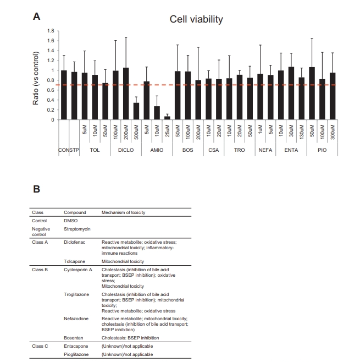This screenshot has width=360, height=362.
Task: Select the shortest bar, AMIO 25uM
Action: (x=167, y=118)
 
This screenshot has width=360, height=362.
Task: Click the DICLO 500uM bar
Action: (x=136, y=111)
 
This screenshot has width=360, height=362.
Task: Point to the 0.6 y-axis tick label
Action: (x=52, y=90)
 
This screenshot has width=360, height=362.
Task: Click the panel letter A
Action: (x=37, y=17)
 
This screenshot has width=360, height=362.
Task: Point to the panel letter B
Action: (x=37, y=188)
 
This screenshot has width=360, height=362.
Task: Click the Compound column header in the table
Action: (x=75, y=212)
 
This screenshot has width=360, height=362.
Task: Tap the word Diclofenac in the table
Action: (x=76, y=242)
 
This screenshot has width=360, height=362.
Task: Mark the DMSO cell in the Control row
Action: (x=71, y=220)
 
